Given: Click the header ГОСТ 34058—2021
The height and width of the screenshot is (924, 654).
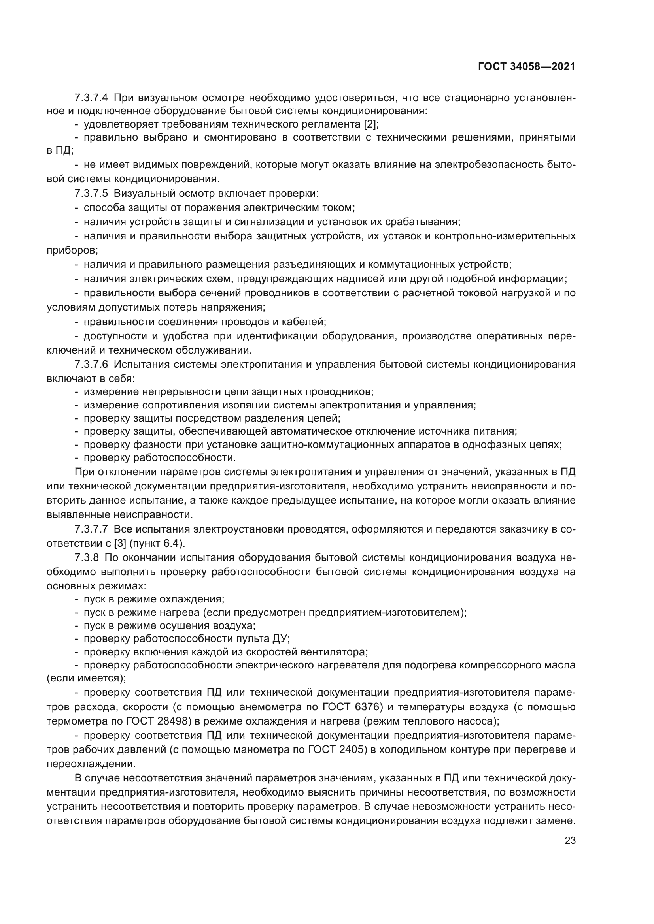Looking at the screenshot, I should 526,67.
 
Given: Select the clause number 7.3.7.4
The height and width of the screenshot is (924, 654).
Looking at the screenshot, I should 91,98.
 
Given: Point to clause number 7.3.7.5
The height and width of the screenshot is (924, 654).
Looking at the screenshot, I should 91,194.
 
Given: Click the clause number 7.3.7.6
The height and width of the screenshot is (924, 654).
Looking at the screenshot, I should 91,365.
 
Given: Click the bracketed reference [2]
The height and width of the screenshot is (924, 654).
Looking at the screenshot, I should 369,124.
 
